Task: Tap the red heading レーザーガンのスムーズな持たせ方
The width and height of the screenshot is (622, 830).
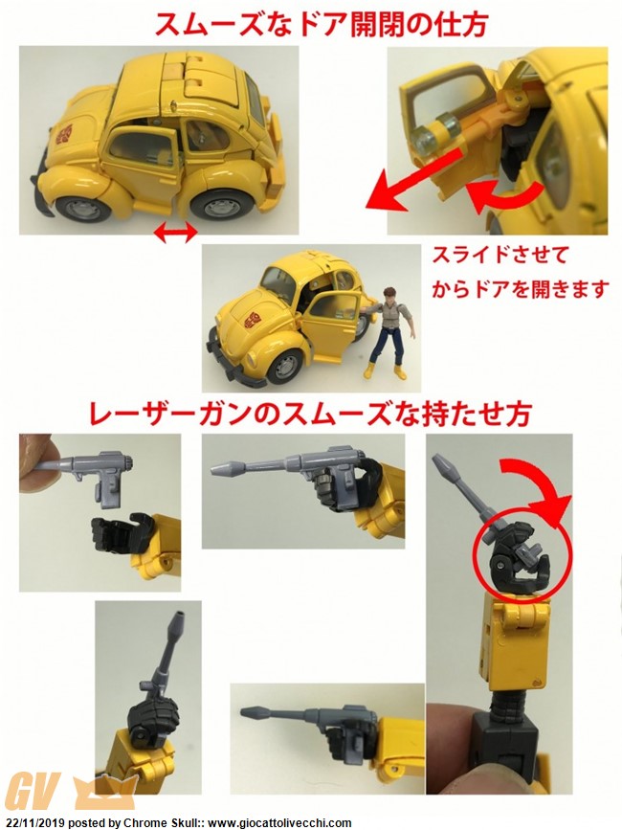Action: click(x=310, y=414)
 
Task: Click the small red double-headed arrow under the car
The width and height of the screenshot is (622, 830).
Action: click(x=175, y=234)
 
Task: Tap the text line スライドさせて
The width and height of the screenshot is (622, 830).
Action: click(x=500, y=256)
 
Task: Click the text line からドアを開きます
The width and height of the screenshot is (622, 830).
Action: click(x=519, y=289)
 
